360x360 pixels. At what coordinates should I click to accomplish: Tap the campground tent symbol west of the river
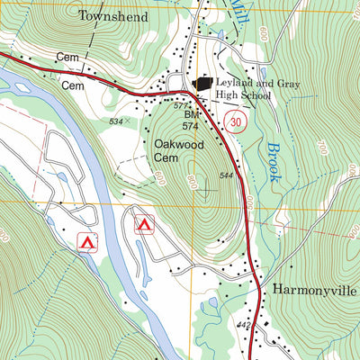click(87, 241)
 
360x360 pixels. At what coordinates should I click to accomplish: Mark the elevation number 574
click(190, 127)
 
